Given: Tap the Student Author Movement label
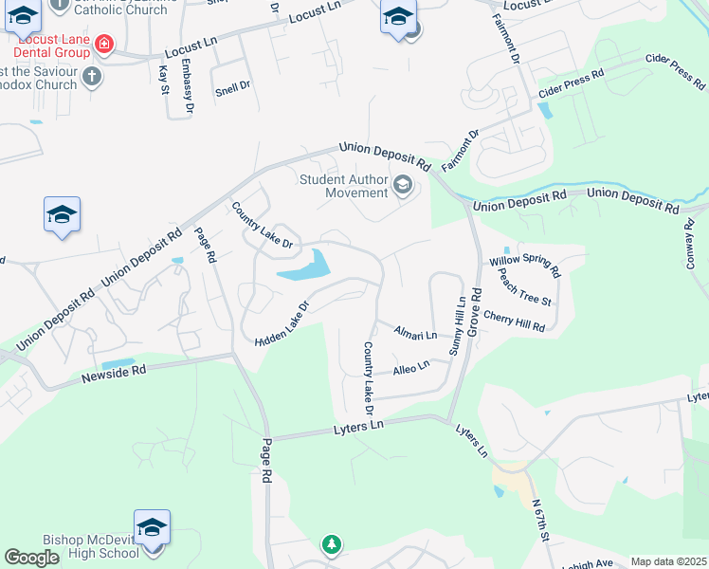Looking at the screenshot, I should click(x=344, y=186).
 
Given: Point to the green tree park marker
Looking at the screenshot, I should click(x=331, y=544).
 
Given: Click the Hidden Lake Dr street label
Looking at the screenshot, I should click(x=282, y=324).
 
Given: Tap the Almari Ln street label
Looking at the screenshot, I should click(x=416, y=335).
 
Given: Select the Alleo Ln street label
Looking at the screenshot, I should click(x=411, y=365).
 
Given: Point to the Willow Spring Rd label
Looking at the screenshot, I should click(x=524, y=266).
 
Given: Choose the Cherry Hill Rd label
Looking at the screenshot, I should click(x=514, y=321).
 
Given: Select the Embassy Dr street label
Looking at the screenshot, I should click(x=188, y=87).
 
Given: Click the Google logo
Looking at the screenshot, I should click(x=32, y=558).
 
